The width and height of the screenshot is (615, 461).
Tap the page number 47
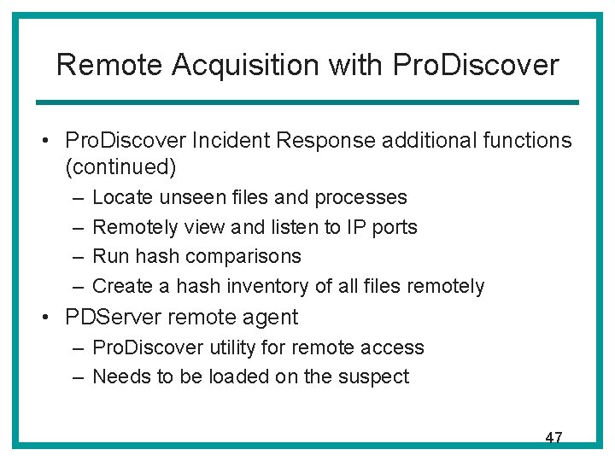click(x=553, y=437)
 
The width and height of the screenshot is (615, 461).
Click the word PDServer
click(x=114, y=318)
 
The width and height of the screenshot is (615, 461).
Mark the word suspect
click(x=378, y=376)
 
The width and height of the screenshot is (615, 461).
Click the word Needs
click(x=118, y=376)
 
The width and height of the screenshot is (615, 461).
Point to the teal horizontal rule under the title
click(x=307, y=102)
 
